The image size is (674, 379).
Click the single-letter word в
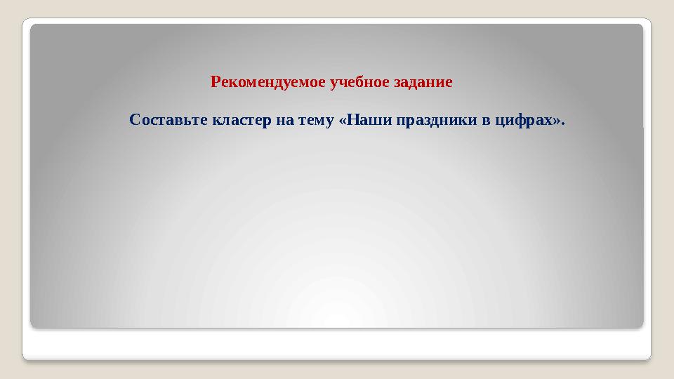[x=487, y=120]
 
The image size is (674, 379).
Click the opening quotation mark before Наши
[x=343, y=120]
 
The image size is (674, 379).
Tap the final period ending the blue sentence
[x=563, y=124]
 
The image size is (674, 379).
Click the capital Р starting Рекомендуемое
[x=215, y=82]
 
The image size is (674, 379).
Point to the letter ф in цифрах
[x=521, y=120]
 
